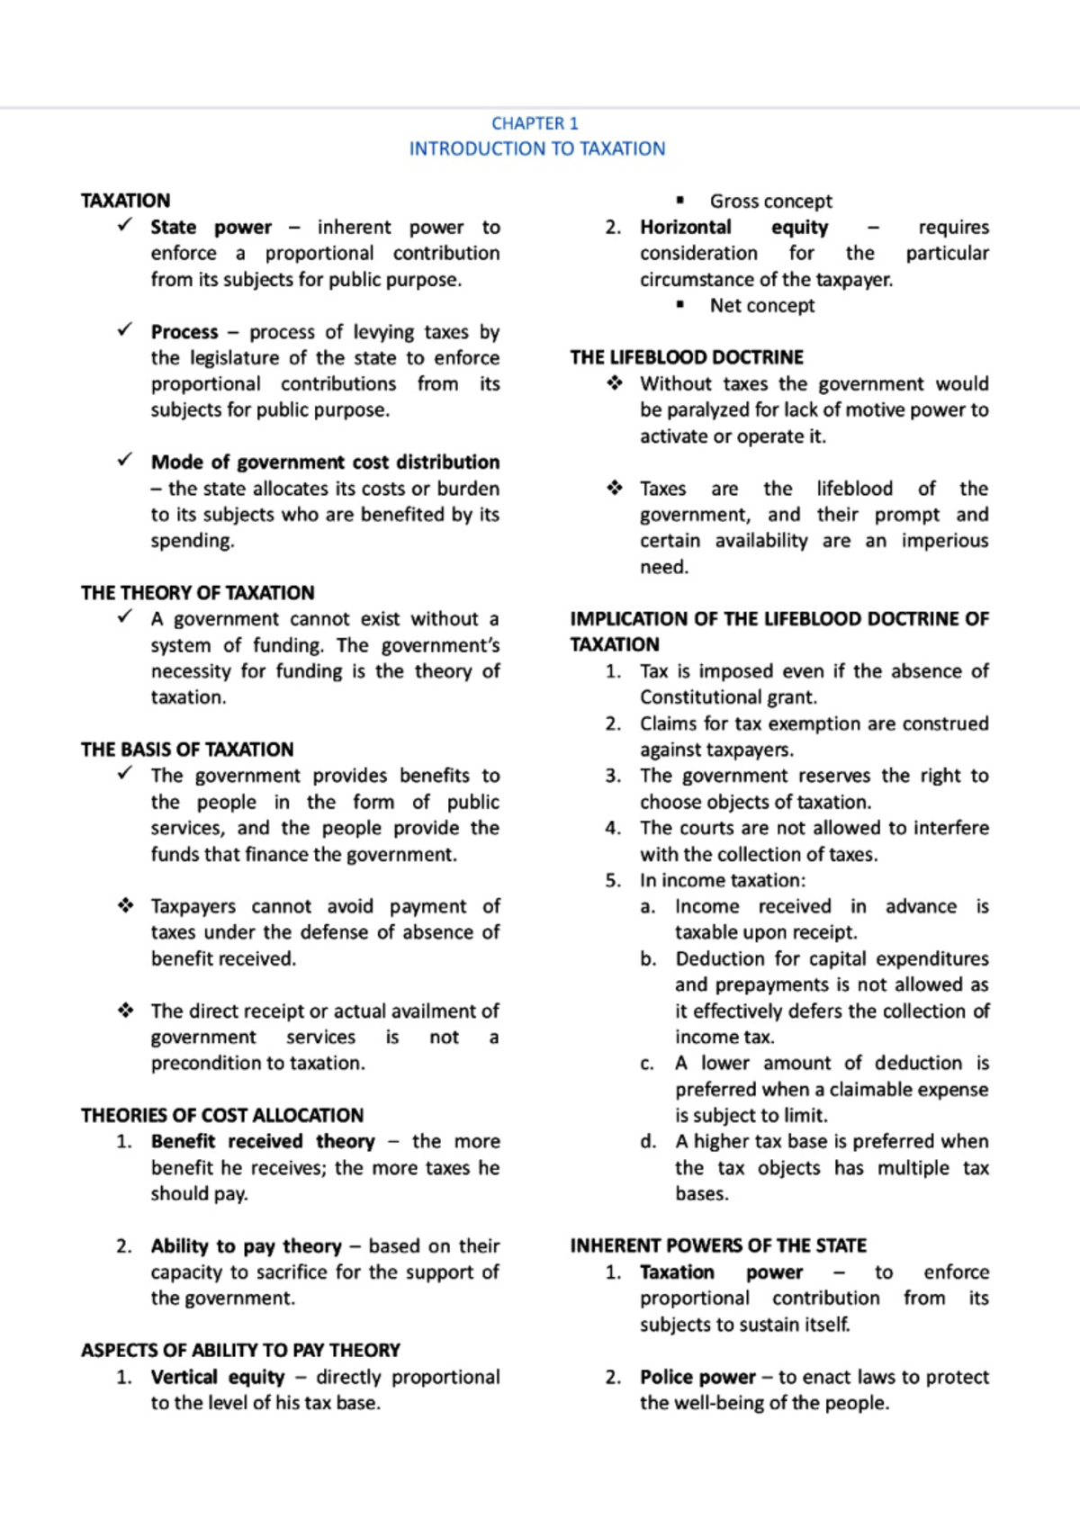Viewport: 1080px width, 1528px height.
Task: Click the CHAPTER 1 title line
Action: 535,123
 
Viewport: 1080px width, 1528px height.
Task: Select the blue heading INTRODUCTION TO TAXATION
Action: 537,148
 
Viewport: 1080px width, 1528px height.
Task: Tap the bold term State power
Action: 211,227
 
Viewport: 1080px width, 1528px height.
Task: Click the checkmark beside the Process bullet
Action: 125,330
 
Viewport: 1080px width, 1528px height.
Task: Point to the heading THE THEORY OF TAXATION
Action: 197,593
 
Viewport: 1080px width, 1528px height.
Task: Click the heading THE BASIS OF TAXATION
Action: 186,750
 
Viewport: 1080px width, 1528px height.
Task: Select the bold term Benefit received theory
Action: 262,1142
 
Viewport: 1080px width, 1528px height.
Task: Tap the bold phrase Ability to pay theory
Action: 246,1246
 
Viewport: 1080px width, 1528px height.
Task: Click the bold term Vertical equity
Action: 217,1377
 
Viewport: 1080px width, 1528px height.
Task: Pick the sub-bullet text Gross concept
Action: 770,202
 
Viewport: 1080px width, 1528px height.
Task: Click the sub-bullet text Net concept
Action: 761,306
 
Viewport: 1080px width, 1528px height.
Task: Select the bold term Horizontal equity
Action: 733,227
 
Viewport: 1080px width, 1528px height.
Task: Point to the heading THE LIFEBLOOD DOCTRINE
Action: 686,357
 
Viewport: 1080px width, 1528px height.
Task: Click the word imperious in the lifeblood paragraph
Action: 944,541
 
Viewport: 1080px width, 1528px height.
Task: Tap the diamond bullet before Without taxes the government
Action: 614,384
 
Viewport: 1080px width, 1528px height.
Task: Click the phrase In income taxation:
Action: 722,881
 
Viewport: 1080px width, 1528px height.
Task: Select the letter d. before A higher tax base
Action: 648,1142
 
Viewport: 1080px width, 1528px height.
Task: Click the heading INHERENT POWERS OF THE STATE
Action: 717,1246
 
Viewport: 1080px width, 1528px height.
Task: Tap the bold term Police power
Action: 697,1377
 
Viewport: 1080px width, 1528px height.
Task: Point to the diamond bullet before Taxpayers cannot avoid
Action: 125,906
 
